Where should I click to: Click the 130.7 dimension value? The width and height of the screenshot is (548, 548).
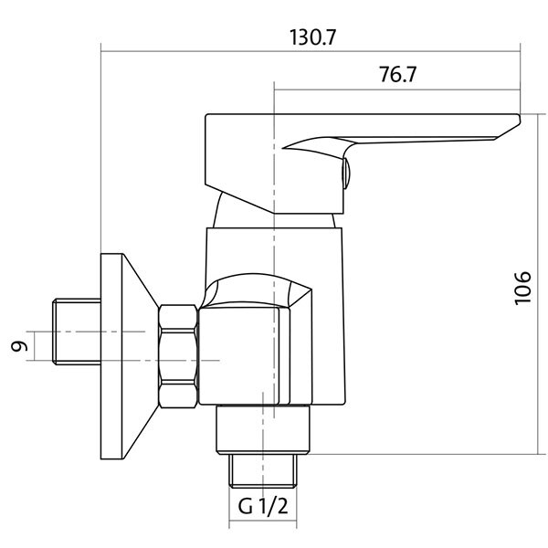click(x=312, y=37)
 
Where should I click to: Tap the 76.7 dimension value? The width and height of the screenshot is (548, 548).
click(x=398, y=75)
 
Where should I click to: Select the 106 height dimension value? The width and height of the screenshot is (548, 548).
click(x=522, y=288)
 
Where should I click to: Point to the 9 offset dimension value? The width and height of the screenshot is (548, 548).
click(x=19, y=346)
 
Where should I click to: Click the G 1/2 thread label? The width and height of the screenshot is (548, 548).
click(x=263, y=506)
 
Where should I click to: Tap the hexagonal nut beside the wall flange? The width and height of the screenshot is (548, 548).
click(x=178, y=356)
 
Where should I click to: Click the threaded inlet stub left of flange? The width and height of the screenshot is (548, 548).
click(x=77, y=332)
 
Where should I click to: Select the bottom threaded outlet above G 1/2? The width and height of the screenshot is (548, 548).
click(x=263, y=470)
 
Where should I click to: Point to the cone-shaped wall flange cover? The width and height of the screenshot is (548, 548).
click(x=141, y=356)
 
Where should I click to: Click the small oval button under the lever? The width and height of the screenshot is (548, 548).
click(x=345, y=173)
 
